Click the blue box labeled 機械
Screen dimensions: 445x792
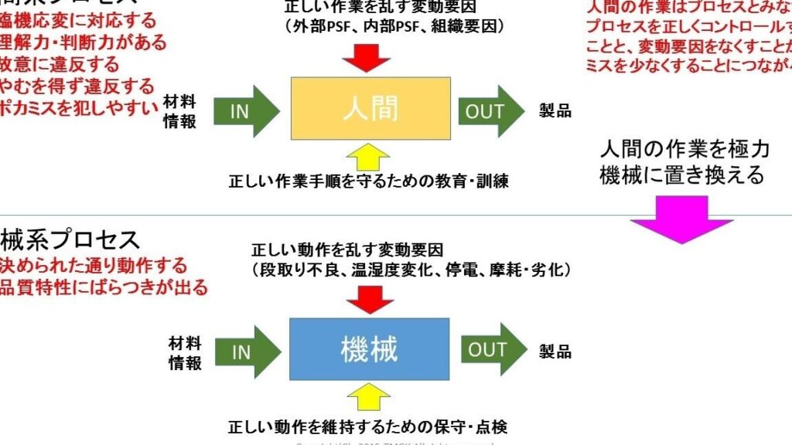click(370, 349)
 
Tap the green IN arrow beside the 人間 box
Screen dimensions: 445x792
click(245, 110)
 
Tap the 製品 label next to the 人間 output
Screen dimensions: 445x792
click(555, 110)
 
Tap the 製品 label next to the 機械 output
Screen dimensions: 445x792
click(555, 352)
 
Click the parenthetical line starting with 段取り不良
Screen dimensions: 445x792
click(411, 270)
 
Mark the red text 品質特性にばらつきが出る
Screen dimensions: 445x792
click(104, 288)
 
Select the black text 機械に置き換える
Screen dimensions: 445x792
click(681, 175)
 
